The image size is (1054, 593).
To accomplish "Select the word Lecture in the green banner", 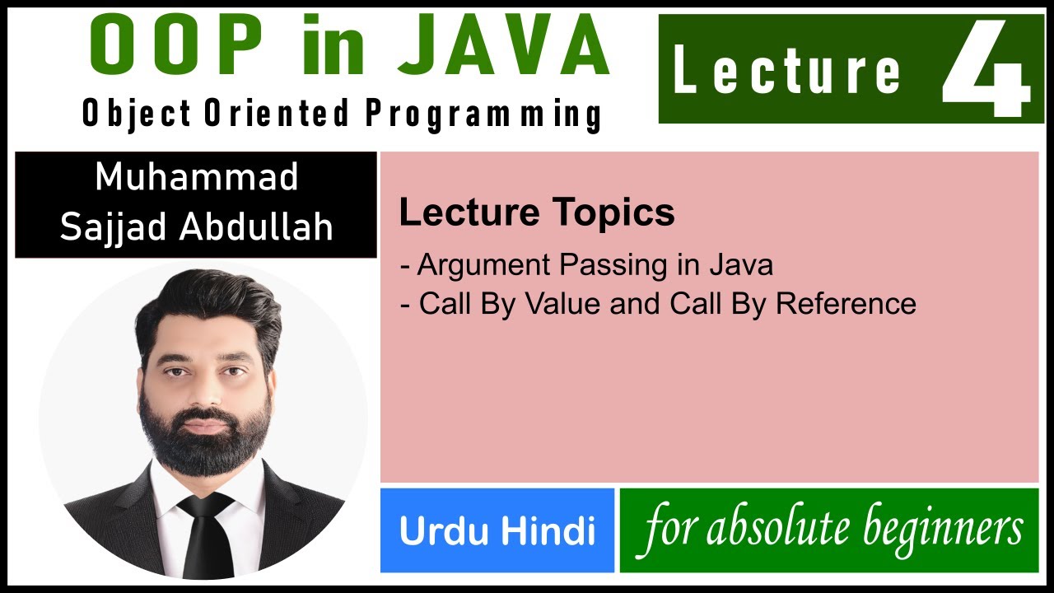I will click(786, 71).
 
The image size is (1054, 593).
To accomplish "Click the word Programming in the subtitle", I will click(483, 114).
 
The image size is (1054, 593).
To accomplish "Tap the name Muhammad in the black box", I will click(196, 178).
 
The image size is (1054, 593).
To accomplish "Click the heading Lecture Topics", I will click(537, 213).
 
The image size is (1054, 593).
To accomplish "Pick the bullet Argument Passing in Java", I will click(586, 265).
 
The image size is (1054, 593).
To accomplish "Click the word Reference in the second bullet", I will click(846, 304).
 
